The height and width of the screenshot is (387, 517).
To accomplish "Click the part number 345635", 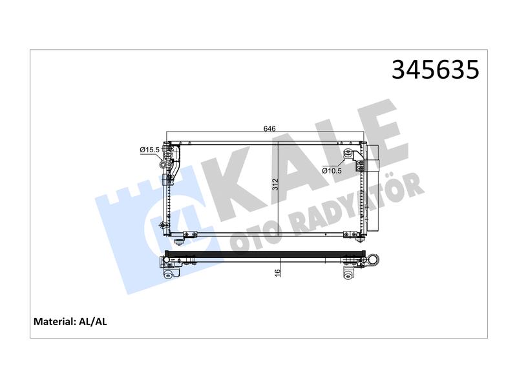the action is (435, 70).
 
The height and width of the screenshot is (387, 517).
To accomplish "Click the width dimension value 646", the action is (269, 128).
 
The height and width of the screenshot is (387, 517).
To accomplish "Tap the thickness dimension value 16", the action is (278, 272).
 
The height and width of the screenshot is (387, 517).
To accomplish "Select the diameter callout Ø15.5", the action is (149, 150).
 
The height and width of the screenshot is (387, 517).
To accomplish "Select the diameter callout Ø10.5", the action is (332, 171).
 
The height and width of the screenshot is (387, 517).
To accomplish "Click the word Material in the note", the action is (55, 321).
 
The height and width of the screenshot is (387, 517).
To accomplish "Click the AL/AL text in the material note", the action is (93, 321).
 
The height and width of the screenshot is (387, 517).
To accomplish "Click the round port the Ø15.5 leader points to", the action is (163, 164).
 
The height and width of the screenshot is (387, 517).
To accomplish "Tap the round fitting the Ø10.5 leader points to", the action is (348, 153).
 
